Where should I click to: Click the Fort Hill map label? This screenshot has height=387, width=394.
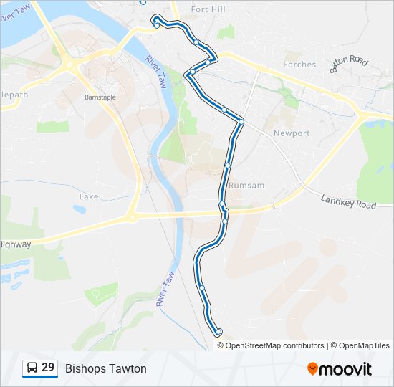pos(208,9)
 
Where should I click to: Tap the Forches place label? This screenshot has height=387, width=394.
pos(299,64)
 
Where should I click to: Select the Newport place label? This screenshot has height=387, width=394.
pos(292,133)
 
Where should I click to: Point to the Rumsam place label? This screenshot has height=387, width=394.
pos(246,186)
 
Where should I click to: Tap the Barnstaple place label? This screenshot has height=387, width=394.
pos(100,97)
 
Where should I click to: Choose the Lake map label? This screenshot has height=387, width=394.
pos(89,196)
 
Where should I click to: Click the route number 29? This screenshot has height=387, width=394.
pos(48,368)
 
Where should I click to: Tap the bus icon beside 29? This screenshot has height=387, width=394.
pos(32,368)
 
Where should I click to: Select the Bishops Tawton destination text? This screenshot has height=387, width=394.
pos(105,368)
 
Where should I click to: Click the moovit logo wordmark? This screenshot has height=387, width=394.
pos(346,369)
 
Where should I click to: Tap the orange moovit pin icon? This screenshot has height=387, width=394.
pos(313,369)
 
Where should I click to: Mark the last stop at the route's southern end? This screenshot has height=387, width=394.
pos(218,332)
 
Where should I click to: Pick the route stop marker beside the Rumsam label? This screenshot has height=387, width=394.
pos(227,166)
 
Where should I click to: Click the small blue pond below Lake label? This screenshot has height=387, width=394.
pos(80,209)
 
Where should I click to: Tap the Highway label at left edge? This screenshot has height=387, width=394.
pos(15,244)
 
